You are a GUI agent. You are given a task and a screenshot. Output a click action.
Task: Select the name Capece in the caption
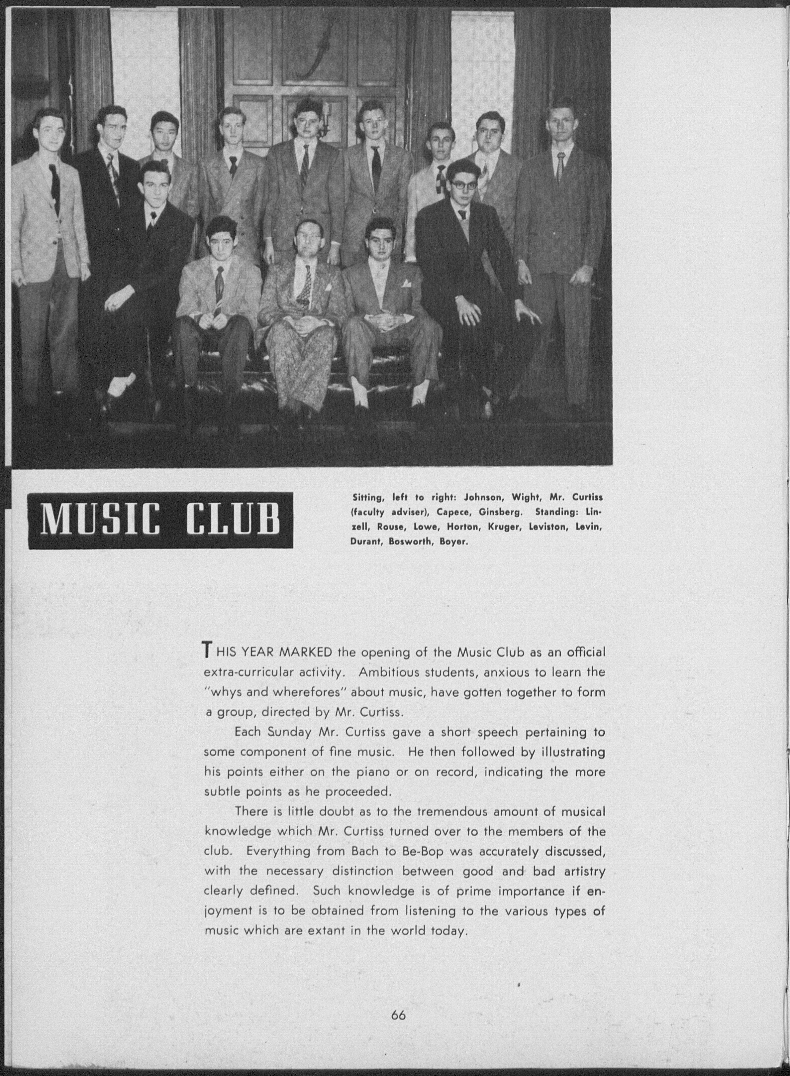tap(451, 512)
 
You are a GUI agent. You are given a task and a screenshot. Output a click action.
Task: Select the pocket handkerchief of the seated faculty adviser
tap(328, 288)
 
